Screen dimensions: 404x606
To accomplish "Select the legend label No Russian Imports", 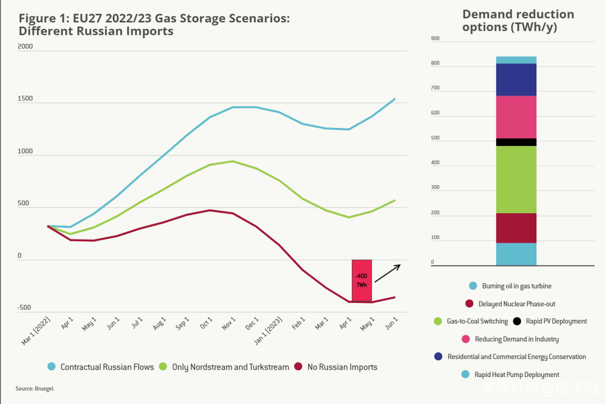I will click(342, 367).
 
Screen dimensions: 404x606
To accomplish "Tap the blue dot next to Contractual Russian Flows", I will click(52, 367).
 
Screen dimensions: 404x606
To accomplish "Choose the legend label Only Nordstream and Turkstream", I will click(231, 367).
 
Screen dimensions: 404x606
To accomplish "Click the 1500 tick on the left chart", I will click(25, 99).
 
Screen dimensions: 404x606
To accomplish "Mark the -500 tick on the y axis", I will click(24, 308).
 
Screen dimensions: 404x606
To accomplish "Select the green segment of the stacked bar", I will click(516, 180).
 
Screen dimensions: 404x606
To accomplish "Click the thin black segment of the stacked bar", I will click(516, 142).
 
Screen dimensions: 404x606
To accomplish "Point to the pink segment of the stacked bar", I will click(516, 117).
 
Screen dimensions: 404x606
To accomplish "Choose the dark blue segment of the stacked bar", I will click(516, 80).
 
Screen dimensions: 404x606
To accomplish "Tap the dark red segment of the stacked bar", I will click(516, 228).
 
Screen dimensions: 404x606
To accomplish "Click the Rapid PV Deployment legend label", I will click(556, 322).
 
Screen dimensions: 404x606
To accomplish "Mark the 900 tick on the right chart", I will click(435, 39).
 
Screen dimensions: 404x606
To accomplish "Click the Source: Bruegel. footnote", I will click(35, 388).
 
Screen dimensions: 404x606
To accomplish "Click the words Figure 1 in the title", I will click(43, 18).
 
